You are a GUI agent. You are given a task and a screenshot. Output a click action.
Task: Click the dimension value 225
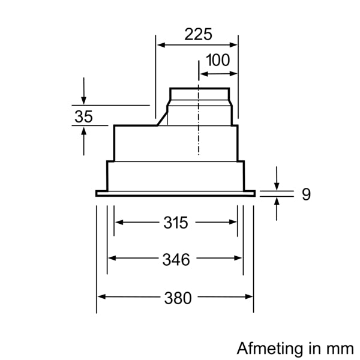coord(198,34)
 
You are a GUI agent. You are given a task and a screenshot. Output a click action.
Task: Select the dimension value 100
coord(217,61)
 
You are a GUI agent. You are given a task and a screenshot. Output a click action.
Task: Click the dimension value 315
coord(176,223)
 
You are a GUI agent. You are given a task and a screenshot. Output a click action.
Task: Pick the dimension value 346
coord(176,259)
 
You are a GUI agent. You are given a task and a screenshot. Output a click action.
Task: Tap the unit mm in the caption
coord(341,348)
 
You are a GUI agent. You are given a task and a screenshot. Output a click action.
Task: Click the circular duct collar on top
coord(199,94)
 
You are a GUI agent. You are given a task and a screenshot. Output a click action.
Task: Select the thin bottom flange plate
coord(175,193)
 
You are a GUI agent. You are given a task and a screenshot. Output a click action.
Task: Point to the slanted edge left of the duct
coord(162,119)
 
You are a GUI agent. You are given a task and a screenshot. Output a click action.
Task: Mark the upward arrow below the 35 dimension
coord(83,141)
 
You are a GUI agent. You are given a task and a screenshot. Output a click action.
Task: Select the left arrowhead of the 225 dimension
coord(160,44)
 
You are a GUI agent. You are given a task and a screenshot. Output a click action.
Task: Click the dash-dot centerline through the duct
coord(198,120)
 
